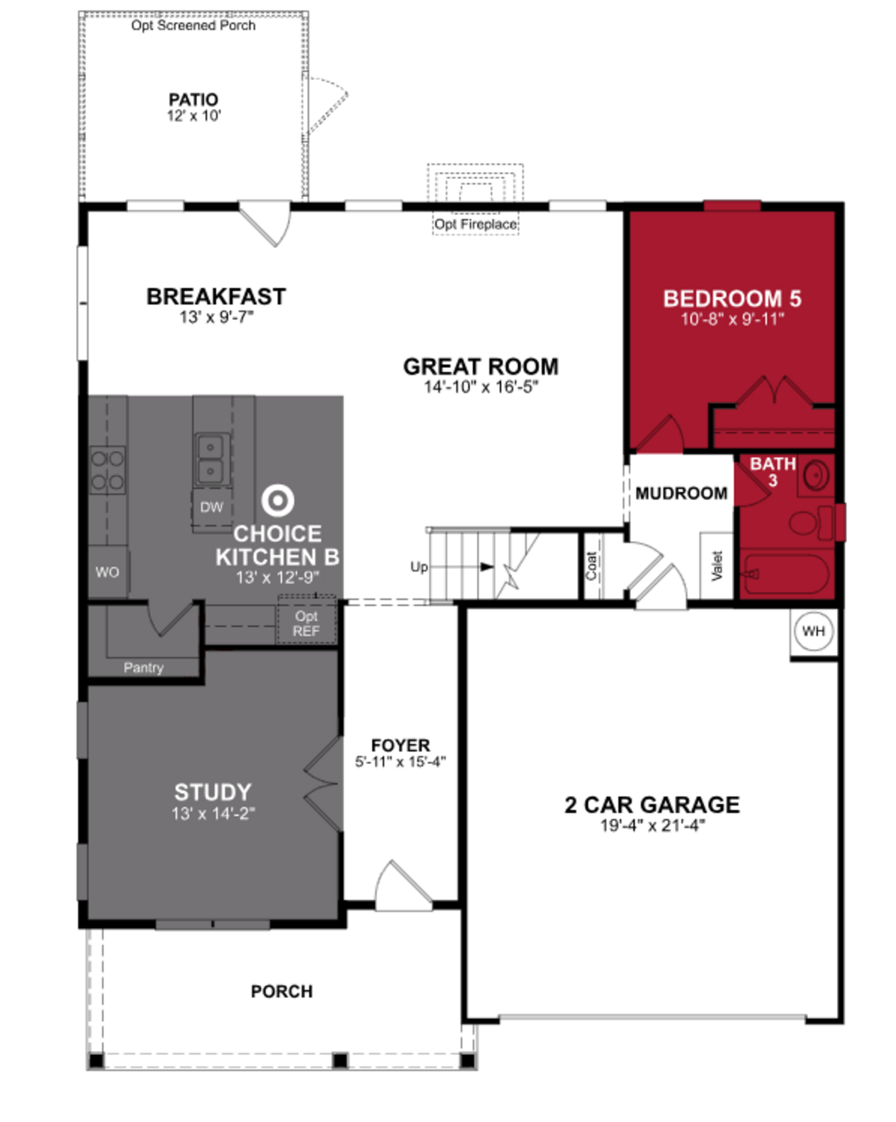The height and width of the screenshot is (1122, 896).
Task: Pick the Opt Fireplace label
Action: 475,224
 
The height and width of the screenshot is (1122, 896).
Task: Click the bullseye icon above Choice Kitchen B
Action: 277,501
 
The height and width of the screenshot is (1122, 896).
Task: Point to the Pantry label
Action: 143,668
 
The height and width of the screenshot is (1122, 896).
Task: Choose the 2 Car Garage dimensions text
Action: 652,826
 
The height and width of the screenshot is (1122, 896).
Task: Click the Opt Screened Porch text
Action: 193,25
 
